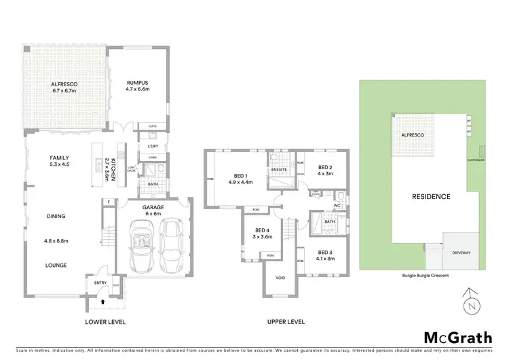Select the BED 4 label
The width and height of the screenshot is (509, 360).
pos(261,232)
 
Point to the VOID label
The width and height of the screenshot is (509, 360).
pos(280,278)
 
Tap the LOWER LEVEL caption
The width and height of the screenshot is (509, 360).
pos(105,321)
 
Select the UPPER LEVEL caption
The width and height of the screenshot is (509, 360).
pos(285,321)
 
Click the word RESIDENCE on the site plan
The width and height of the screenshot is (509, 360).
pos(431,197)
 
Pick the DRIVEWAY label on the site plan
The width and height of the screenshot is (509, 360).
pos(461,253)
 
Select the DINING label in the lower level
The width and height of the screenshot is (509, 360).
pos(56,217)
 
